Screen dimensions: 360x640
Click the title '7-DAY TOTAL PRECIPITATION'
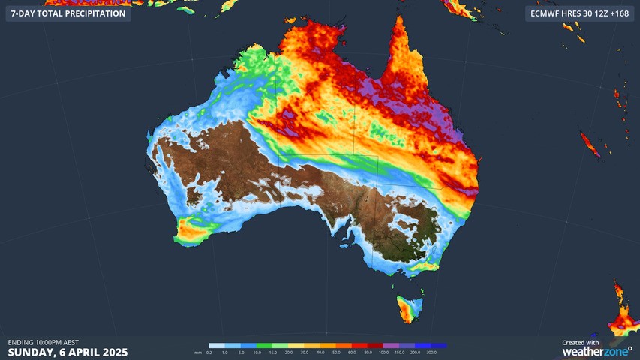point(68,13)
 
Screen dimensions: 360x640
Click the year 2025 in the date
point(113,352)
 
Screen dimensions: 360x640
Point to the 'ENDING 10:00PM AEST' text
point(44,342)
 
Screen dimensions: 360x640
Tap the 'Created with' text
point(581,342)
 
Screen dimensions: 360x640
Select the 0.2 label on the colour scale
point(209,352)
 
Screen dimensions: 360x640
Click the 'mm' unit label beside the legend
point(198,352)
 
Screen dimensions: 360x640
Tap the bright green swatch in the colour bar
point(264,346)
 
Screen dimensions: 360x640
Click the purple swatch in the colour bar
point(395,346)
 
